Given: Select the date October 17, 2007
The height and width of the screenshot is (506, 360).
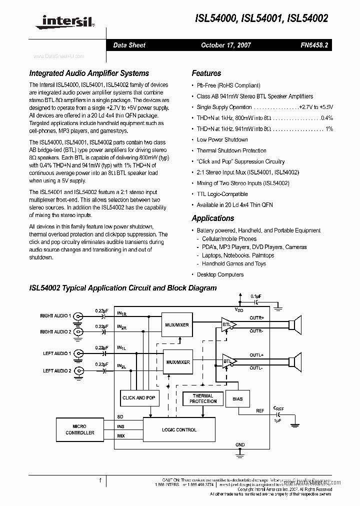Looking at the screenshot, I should [226, 45].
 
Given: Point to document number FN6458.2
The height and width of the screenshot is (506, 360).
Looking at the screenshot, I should [314, 45].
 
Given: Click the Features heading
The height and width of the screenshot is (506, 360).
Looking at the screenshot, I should [206, 73].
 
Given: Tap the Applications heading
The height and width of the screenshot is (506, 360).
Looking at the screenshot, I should [213, 218].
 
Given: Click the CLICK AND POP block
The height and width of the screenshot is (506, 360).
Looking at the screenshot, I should [139, 397].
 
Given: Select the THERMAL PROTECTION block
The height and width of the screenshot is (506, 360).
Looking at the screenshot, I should [203, 398].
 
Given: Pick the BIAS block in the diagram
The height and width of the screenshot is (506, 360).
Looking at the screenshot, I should [237, 398].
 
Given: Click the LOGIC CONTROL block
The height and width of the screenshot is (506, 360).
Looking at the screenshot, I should [179, 429].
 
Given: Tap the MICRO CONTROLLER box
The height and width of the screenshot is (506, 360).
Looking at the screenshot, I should [80, 429].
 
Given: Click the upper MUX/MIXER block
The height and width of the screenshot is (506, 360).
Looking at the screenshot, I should [177, 325].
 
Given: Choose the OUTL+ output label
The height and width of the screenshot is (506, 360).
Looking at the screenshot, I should [256, 354].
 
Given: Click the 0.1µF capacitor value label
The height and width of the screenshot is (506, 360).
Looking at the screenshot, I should [255, 296].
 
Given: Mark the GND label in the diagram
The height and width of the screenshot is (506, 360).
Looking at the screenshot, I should [240, 444].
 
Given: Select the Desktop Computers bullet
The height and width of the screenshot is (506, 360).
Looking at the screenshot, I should [220, 274].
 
